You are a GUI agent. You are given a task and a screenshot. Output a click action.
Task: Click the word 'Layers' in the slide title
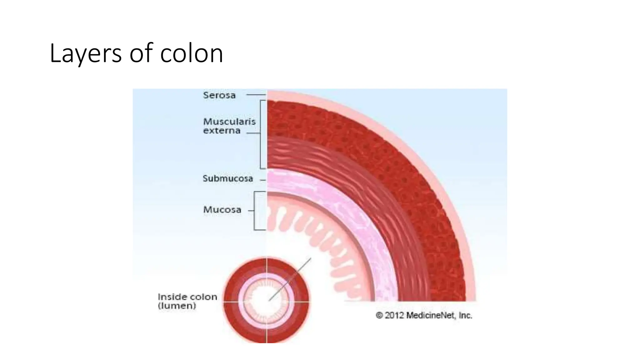click(x=85, y=54)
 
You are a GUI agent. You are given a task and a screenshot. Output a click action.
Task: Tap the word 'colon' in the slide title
click(x=192, y=54)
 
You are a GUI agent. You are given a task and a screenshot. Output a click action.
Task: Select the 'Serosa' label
click(x=219, y=95)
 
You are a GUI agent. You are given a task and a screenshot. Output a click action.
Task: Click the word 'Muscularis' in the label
click(x=229, y=121)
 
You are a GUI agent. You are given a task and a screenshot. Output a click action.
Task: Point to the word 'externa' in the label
click(x=222, y=131)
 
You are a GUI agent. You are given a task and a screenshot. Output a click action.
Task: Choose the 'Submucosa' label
click(x=227, y=178)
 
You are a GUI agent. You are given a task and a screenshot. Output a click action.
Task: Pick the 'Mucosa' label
click(x=222, y=209)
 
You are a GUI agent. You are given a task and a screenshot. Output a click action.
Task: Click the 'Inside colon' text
click(x=187, y=297)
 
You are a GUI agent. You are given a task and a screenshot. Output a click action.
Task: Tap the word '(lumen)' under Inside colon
click(x=177, y=306)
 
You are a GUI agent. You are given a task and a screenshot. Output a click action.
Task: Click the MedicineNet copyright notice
click(x=424, y=316)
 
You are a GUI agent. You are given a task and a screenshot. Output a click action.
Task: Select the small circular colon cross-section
click(x=267, y=300)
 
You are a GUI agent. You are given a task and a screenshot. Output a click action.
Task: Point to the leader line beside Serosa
click(x=256, y=94)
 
